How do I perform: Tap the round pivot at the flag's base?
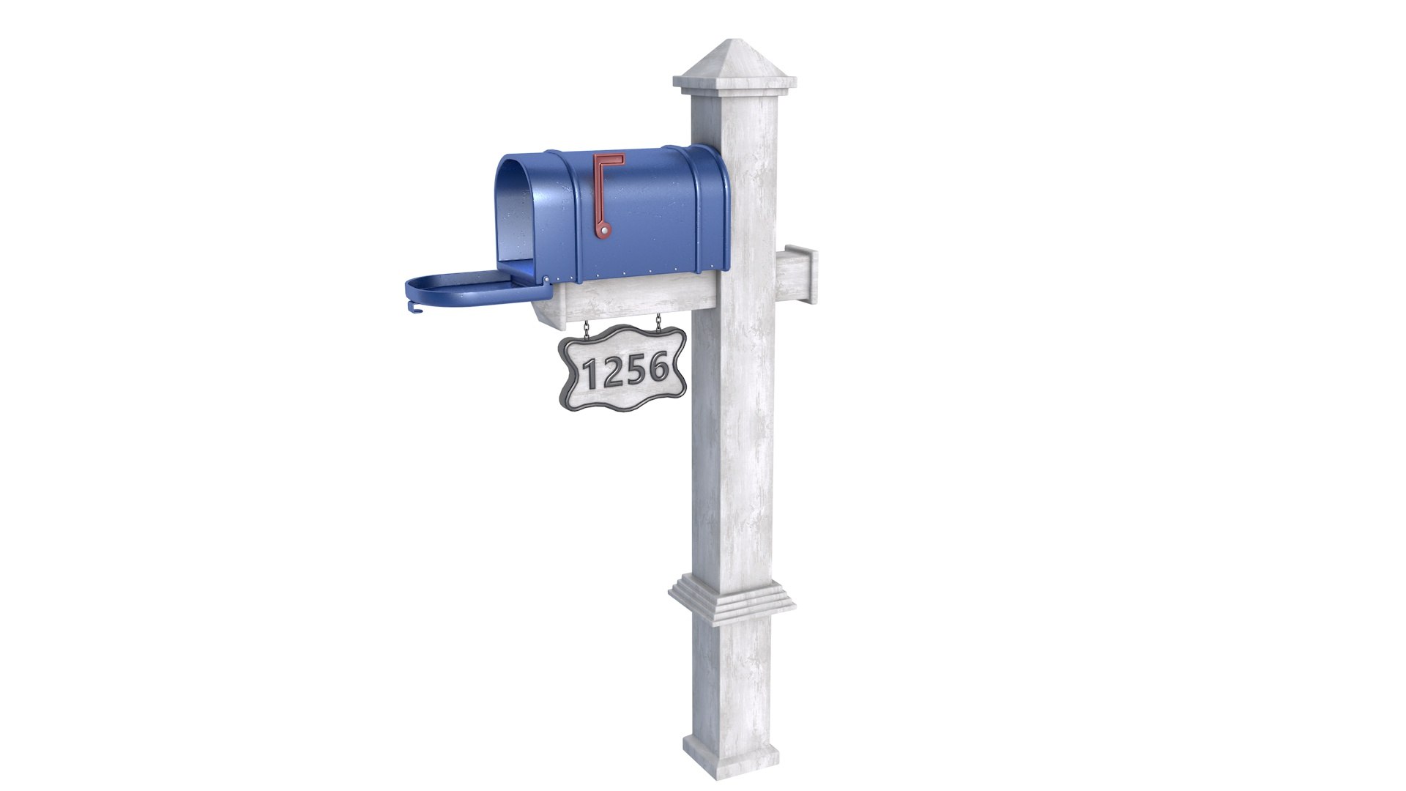coord(604,231)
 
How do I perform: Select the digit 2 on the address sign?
coord(613,373)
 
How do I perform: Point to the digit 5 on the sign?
coord(635,371)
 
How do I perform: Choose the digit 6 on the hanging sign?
coord(657,367)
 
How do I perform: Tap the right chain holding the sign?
coord(658,322)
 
